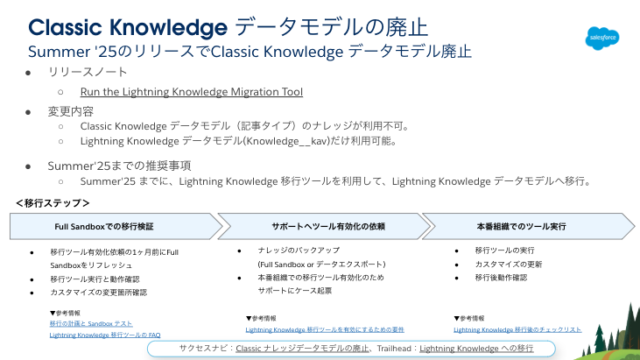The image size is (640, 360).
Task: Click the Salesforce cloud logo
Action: pyautogui.click(x=602, y=39)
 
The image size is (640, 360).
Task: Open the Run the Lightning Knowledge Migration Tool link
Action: pyautogui.click(x=192, y=92)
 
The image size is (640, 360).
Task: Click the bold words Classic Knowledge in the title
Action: pyautogui.click(x=128, y=28)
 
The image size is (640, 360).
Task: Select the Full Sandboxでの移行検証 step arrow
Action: pyautogui.click(x=116, y=226)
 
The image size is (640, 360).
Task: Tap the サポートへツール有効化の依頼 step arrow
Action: pyautogui.click(x=324, y=226)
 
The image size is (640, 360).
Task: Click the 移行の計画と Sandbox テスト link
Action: pyautogui.click(x=91, y=324)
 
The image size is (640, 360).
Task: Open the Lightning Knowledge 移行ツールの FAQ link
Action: pyautogui.click(x=105, y=335)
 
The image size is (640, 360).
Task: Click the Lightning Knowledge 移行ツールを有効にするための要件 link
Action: pyautogui.click(x=325, y=330)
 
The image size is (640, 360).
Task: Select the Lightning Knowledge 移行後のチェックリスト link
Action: pyautogui.click(x=517, y=330)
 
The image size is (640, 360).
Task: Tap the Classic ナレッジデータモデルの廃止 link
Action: pyautogui.click(x=302, y=349)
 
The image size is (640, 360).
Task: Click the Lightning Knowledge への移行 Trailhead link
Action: pyautogui.click(x=476, y=349)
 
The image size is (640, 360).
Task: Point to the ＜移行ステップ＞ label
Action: pyautogui.click(x=53, y=203)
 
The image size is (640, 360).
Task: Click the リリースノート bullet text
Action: pyautogui.click(x=88, y=72)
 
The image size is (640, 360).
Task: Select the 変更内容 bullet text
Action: pyautogui.click(x=71, y=111)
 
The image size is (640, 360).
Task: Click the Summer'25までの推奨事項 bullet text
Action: pyautogui.click(x=119, y=166)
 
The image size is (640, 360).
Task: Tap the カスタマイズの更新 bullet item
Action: pyautogui.click(x=509, y=265)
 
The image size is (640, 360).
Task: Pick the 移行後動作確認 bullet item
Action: pyautogui.click(x=501, y=278)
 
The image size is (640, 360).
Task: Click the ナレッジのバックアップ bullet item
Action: pyautogui.click(x=299, y=251)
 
